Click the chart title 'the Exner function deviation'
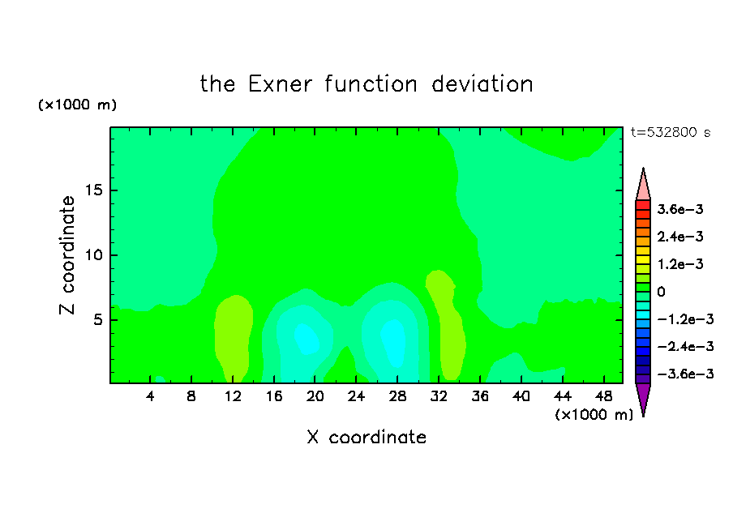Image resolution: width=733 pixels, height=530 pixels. pyautogui.click(x=366, y=84)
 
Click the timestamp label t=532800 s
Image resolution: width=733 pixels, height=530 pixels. pyautogui.click(x=671, y=132)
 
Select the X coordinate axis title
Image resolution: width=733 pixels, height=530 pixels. pyautogui.click(x=366, y=437)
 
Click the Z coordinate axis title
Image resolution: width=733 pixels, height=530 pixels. pyautogui.click(x=66, y=255)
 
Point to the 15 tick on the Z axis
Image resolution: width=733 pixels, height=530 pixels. pyautogui.click(x=93, y=190)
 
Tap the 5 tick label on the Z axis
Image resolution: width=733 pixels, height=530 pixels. pyautogui.click(x=97, y=319)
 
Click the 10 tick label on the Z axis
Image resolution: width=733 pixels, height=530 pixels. pyautogui.click(x=93, y=255)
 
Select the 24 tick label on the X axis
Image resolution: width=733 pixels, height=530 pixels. pyautogui.click(x=356, y=396)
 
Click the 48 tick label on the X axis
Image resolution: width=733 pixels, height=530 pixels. pyautogui.click(x=603, y=396)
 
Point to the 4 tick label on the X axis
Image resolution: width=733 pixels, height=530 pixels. pyautogui.click(x=150, y=396)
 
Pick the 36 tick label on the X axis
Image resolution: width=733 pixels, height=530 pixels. pyautogui.click(x=480, y=396)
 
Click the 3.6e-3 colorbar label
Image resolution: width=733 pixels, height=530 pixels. pyautogui.click(x=680, y=209)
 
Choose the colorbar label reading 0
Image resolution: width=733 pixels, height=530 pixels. pyautogui.click(x=661, y=292)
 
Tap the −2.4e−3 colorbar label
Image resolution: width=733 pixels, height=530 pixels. pyautogui.click(x=685, y=346)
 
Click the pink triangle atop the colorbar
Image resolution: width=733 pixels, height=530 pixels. pyautogui.click(x=643, y=184)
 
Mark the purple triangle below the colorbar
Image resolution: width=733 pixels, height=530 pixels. pyautogui.click(x=643, y=398)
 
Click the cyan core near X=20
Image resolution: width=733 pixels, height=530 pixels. pyautogui.click(x=306, y=339)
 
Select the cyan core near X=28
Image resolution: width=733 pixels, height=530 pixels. pyautogui.click(x=393, y=343)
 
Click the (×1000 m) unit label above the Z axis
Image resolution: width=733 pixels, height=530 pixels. pyautogui.click(x=77, y=105)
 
